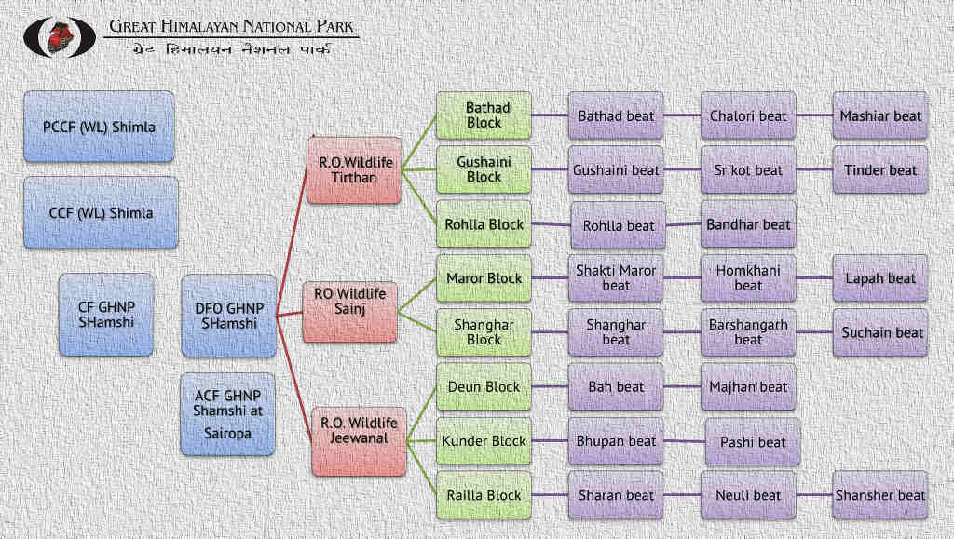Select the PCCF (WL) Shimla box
(99, 127)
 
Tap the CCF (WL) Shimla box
(101, 212)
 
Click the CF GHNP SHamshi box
(106, 315)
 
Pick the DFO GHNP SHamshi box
(229, 316)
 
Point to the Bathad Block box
(484, 115)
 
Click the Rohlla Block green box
(484, 224)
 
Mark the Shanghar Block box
(484, 332)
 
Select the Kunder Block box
(484, 441)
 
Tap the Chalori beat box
(748, 116)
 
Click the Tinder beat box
(880, 170)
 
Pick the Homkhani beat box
(748, 278)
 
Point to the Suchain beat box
(880, 332)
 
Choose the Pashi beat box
(753, 443)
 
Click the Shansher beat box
(880, 495)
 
